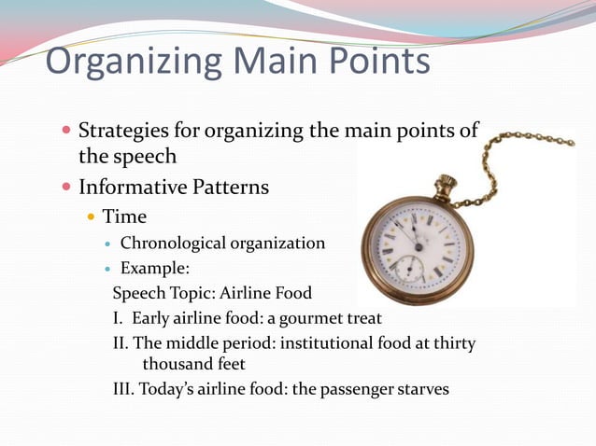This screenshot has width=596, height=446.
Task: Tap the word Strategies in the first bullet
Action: coord(124,131)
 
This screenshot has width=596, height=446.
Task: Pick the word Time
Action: coord(124,216)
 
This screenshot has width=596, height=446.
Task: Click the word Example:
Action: coord(155,270)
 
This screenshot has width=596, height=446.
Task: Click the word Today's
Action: coord(168,388)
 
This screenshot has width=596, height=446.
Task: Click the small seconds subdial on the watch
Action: coord(407,269)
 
